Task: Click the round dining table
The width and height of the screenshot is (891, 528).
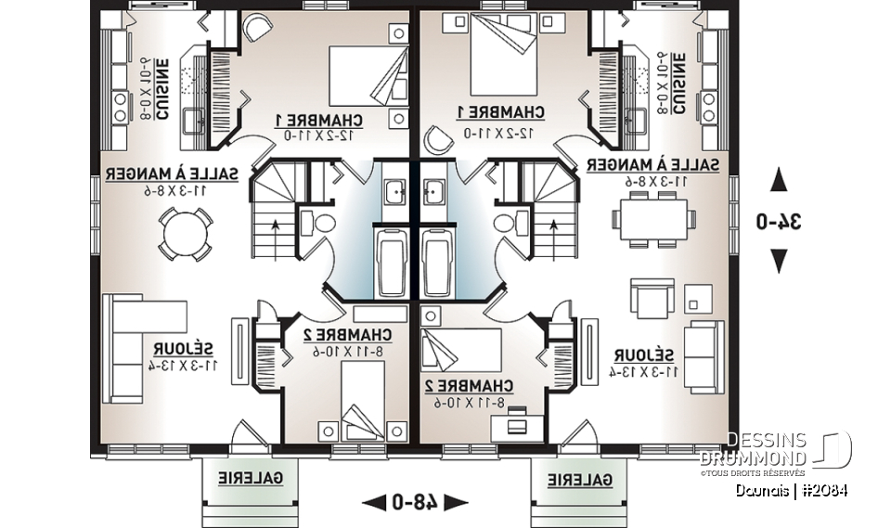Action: point(176,230)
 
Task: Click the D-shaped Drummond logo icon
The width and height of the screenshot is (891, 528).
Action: point(834,451)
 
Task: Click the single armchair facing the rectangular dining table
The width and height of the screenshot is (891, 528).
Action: point(652,297)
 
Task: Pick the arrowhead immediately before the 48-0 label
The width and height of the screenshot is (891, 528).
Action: point(373,503)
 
